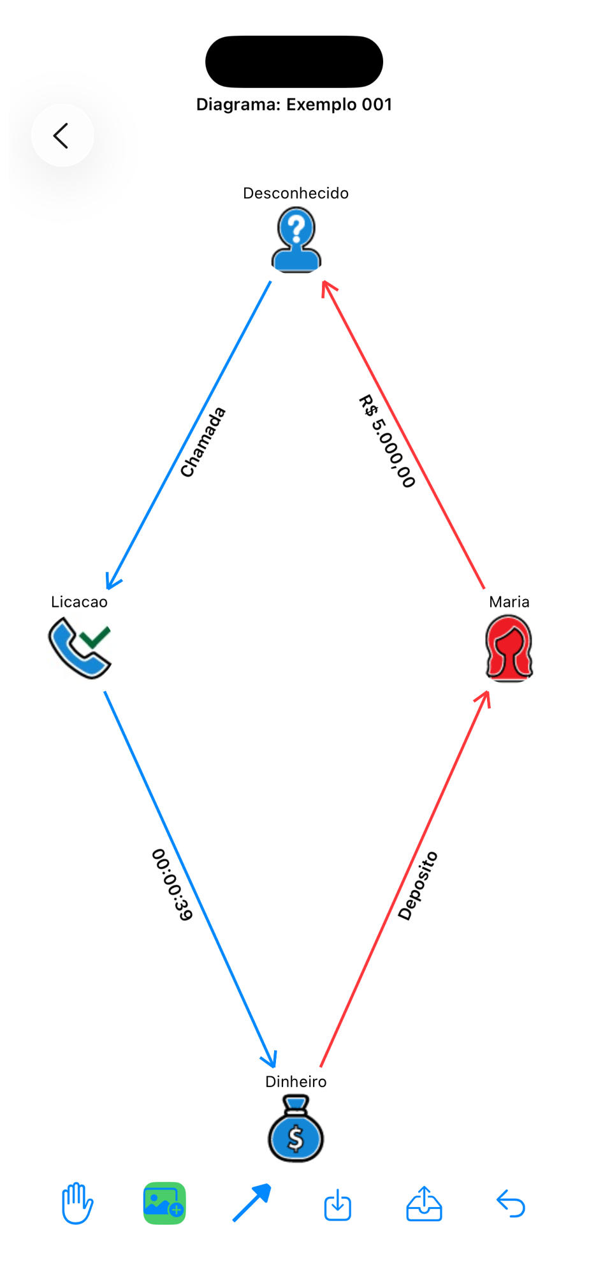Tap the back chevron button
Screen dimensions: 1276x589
[x=62, y=135]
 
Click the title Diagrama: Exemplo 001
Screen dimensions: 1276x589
[x=294, y=105]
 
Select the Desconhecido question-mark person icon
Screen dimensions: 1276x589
[x=296, y=242]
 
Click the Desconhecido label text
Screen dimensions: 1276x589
[x=296, y=193]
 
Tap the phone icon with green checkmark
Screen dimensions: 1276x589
[x=80, y=647]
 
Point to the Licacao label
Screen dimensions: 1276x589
[x=79, y=602]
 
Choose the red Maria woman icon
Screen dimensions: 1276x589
[x=509, y=648]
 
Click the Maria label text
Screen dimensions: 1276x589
[x=509, y=602]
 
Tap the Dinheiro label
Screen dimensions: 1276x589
[x=296, y=1081]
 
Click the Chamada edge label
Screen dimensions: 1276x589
[x=203, y=442]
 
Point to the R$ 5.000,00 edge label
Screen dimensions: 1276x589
[x=387, y=441]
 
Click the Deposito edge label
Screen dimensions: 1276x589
[x=418, y=886]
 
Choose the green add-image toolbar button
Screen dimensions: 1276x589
[x=164, y=1203]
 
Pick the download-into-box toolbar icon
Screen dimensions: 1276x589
[x=337, y=1205]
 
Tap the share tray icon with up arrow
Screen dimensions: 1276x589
[x=424, y=1204]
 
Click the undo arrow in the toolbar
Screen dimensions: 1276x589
[x=511, y=1204]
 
